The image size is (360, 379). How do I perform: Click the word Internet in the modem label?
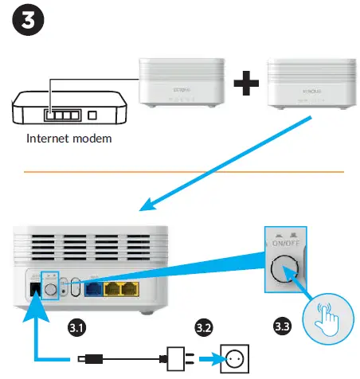(x=49, y=138)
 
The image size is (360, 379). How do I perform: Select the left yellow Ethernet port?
(x=115, y=287)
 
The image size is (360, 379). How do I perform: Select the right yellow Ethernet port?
(x=135, y=287)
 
